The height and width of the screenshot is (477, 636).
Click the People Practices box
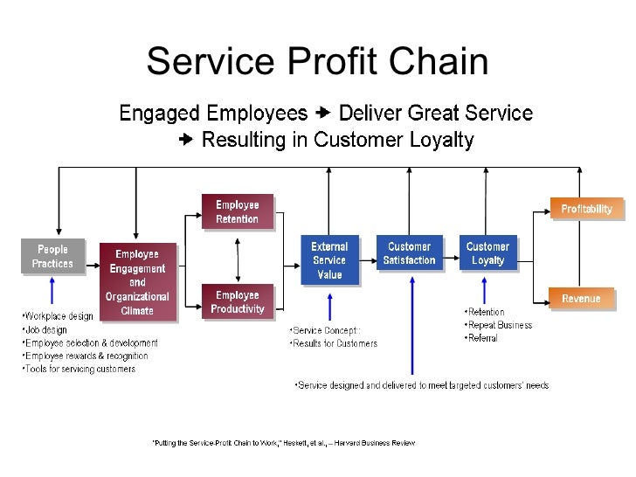coord(52,255)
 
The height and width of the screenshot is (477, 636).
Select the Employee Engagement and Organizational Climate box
coord(137,281)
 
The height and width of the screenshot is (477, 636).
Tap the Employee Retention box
coord(237,211)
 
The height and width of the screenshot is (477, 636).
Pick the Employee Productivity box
coord(237,302)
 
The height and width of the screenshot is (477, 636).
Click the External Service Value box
coord(329,260)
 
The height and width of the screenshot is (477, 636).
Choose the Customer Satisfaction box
coord(409,253)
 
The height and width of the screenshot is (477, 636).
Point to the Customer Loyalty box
coord(487,253)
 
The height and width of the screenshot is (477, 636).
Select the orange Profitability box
coord(586,209)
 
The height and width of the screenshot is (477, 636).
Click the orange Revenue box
coord(581,299)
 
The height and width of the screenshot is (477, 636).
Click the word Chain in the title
coord(440,62)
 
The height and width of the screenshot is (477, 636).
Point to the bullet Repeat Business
coord(499,325)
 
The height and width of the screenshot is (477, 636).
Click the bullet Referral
coord(482,338)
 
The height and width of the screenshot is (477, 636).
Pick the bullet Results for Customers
coord(334,343)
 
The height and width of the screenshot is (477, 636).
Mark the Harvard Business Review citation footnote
coord(284,443)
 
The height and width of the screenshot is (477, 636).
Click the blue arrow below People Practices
coord(52,290)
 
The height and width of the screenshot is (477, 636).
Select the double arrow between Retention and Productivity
coord(237,256)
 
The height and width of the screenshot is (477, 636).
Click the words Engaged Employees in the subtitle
coord(213,114)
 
